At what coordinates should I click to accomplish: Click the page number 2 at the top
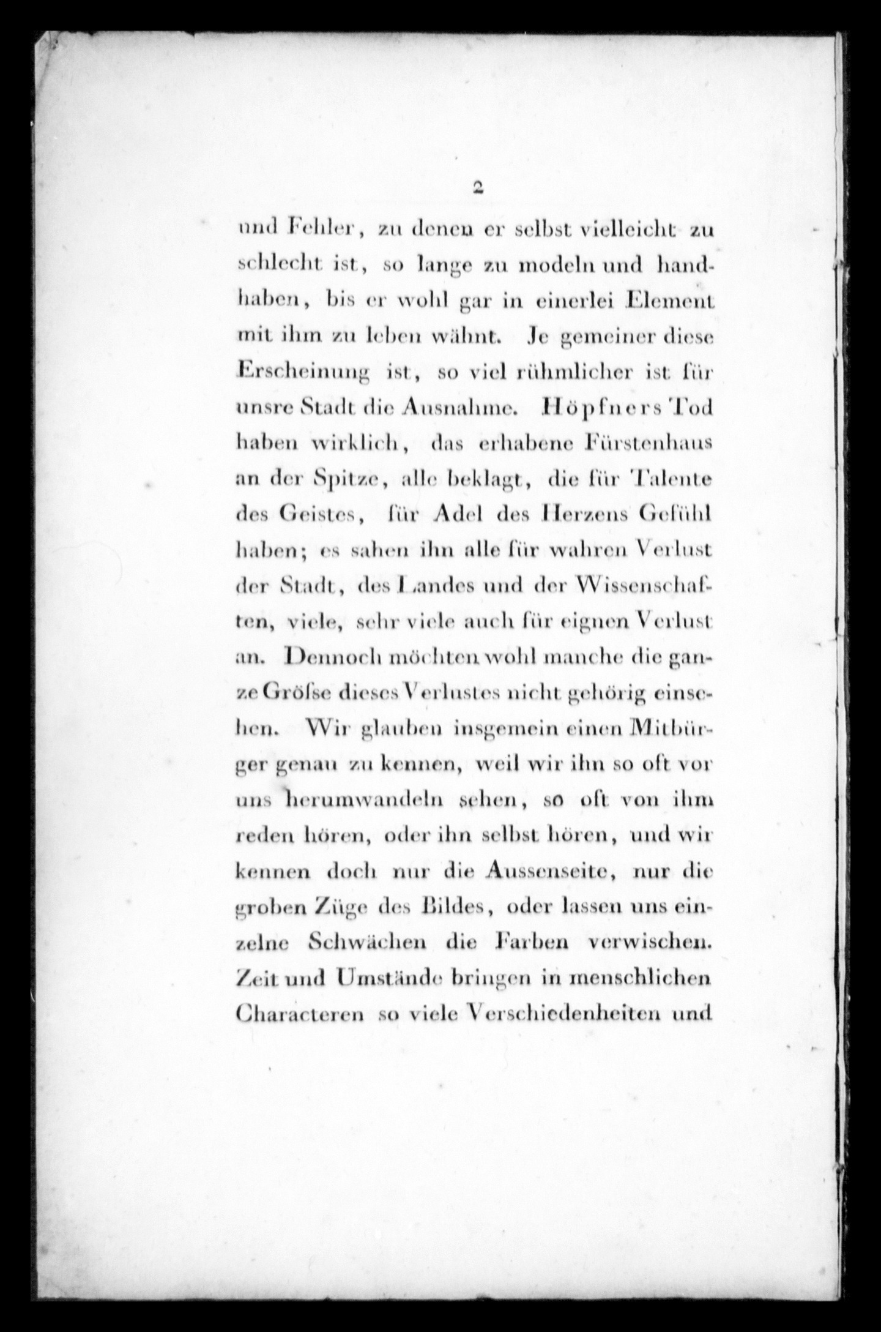[x=478, y=188]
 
